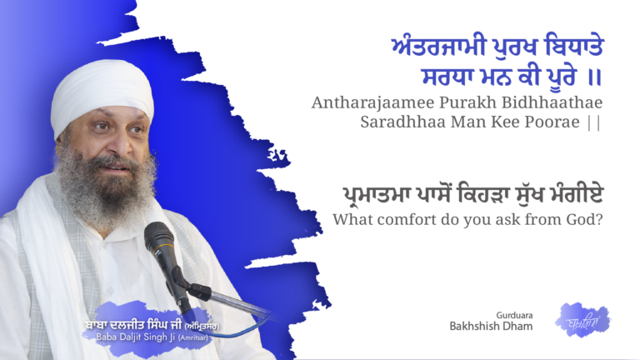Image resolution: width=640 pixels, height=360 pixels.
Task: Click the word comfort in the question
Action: click(412, 220)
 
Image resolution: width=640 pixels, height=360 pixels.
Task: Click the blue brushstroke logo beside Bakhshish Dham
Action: click(582, 319)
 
